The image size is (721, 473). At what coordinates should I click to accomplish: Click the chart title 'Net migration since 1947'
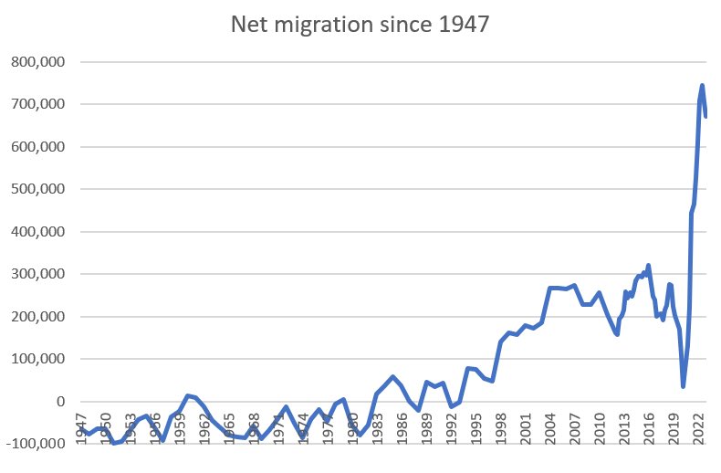point(361,26)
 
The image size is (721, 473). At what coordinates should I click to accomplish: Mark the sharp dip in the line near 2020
point(683,386)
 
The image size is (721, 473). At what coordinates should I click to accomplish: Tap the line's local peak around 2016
point(648,266)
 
